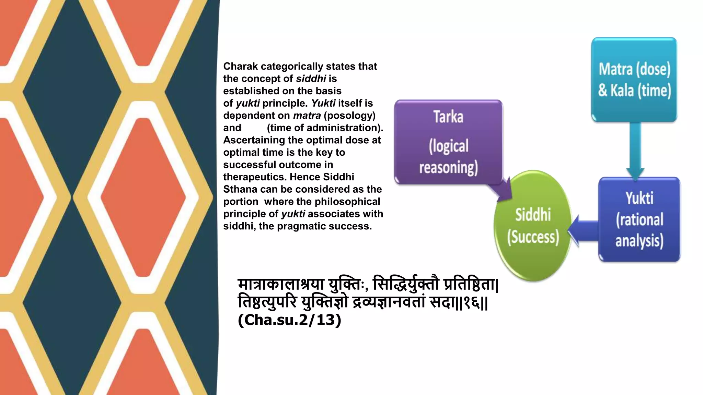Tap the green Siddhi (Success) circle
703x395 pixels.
tap(533, 226)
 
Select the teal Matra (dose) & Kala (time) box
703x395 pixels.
tap(634, 80)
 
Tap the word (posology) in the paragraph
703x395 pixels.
tap(349, 116)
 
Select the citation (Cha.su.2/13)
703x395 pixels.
tap(289, 320)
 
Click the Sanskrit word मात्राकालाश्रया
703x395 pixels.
tap(281, 285)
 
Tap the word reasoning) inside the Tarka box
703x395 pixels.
tap(448, 168)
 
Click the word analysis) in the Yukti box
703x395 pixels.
tap(639, 241)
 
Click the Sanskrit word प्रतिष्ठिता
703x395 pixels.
tap(470, 285)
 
